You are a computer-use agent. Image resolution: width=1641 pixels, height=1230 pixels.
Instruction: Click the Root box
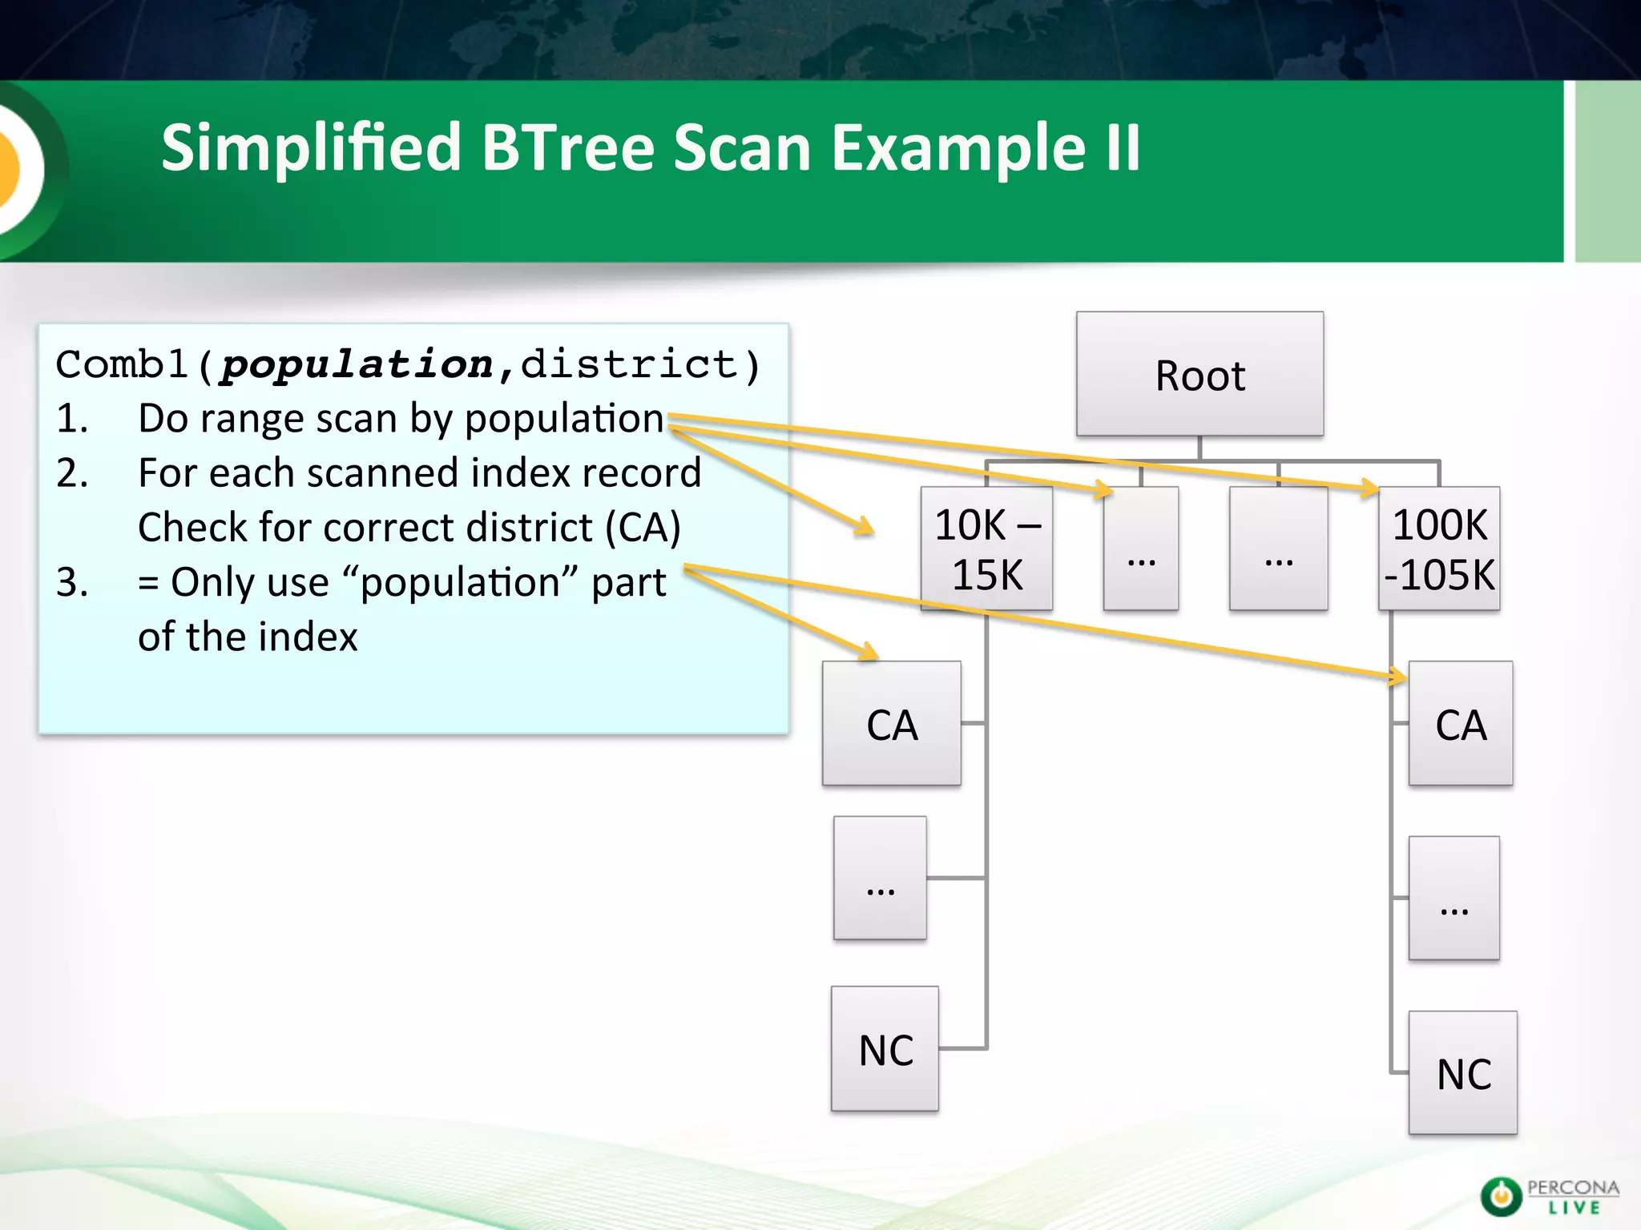point(1200,374)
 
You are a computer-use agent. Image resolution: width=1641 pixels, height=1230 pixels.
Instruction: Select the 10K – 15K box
point(986,549)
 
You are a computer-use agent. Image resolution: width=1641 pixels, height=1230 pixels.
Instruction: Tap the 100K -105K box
point(1439,549)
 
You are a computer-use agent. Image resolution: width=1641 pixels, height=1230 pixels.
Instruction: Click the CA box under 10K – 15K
point(891,724)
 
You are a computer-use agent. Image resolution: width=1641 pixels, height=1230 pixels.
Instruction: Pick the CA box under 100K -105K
point(1460,724)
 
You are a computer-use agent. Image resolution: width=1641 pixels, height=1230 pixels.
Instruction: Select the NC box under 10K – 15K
point(885,1049)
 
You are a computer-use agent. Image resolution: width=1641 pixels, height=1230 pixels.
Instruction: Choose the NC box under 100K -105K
point(1462,1073)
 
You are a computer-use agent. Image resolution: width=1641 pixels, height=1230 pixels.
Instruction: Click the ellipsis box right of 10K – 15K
point(1141,549)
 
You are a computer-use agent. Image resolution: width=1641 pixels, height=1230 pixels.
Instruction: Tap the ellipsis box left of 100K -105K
point(1278,549)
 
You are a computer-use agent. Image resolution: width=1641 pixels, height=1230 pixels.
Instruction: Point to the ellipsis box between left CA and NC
point(880,878)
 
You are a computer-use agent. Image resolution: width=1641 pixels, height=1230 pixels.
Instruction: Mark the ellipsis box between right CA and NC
point(1454,898)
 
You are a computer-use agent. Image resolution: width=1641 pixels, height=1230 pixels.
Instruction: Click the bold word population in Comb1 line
point(357,365)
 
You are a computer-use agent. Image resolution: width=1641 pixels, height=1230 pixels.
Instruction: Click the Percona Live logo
point(1549,1196)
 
